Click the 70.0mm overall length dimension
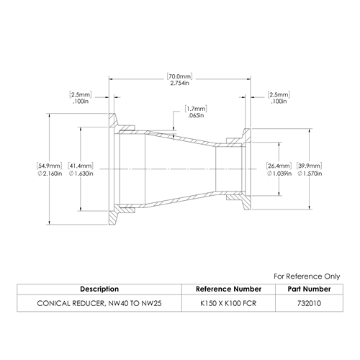tap(180, 76)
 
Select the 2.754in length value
tap(180, 84)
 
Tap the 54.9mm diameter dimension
tap(49, 166)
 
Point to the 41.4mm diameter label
tap(81, 166)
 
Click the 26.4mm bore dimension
tap(279, 166)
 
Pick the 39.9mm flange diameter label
tap(310, 166)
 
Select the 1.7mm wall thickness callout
tap(196, 109)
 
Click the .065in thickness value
tap(196, 115)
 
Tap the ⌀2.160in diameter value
tap(50, 174)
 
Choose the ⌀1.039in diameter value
tap(279, 174)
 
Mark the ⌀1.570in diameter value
tap(310, 174)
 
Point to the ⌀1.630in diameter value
tap(81, 174)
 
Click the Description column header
tap(99, 289)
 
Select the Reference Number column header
tap(228, 289)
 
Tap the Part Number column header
tap(309, 289)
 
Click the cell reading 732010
tap(309, 303)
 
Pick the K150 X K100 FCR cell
tap(228, 303)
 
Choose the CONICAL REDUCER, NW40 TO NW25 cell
tap(99, 303)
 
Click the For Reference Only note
tap(307, 276)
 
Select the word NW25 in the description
tap(151, 303)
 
